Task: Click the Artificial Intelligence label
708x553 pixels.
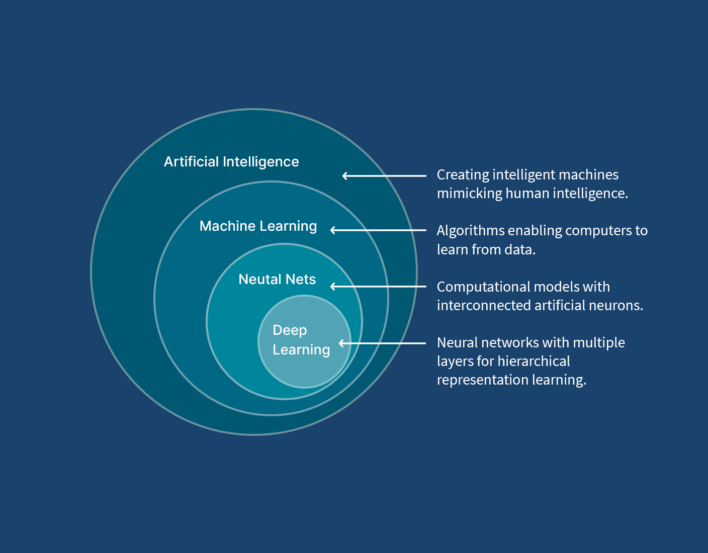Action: click(x=231, y=162)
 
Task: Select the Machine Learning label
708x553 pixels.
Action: click(x=258, y=226)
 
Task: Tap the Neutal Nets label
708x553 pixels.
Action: click(x=277, y=280)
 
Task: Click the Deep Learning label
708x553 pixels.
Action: click(x=301, y=340)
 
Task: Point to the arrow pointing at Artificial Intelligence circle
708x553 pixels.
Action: click(x=384, y=175)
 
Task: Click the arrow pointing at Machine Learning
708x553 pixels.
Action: click(x=378, y=230)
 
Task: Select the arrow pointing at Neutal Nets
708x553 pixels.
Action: click(x=378, y=287)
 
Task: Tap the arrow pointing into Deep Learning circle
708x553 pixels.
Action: click(x=382, y=343)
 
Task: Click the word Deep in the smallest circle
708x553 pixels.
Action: click(x=290, y=330)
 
